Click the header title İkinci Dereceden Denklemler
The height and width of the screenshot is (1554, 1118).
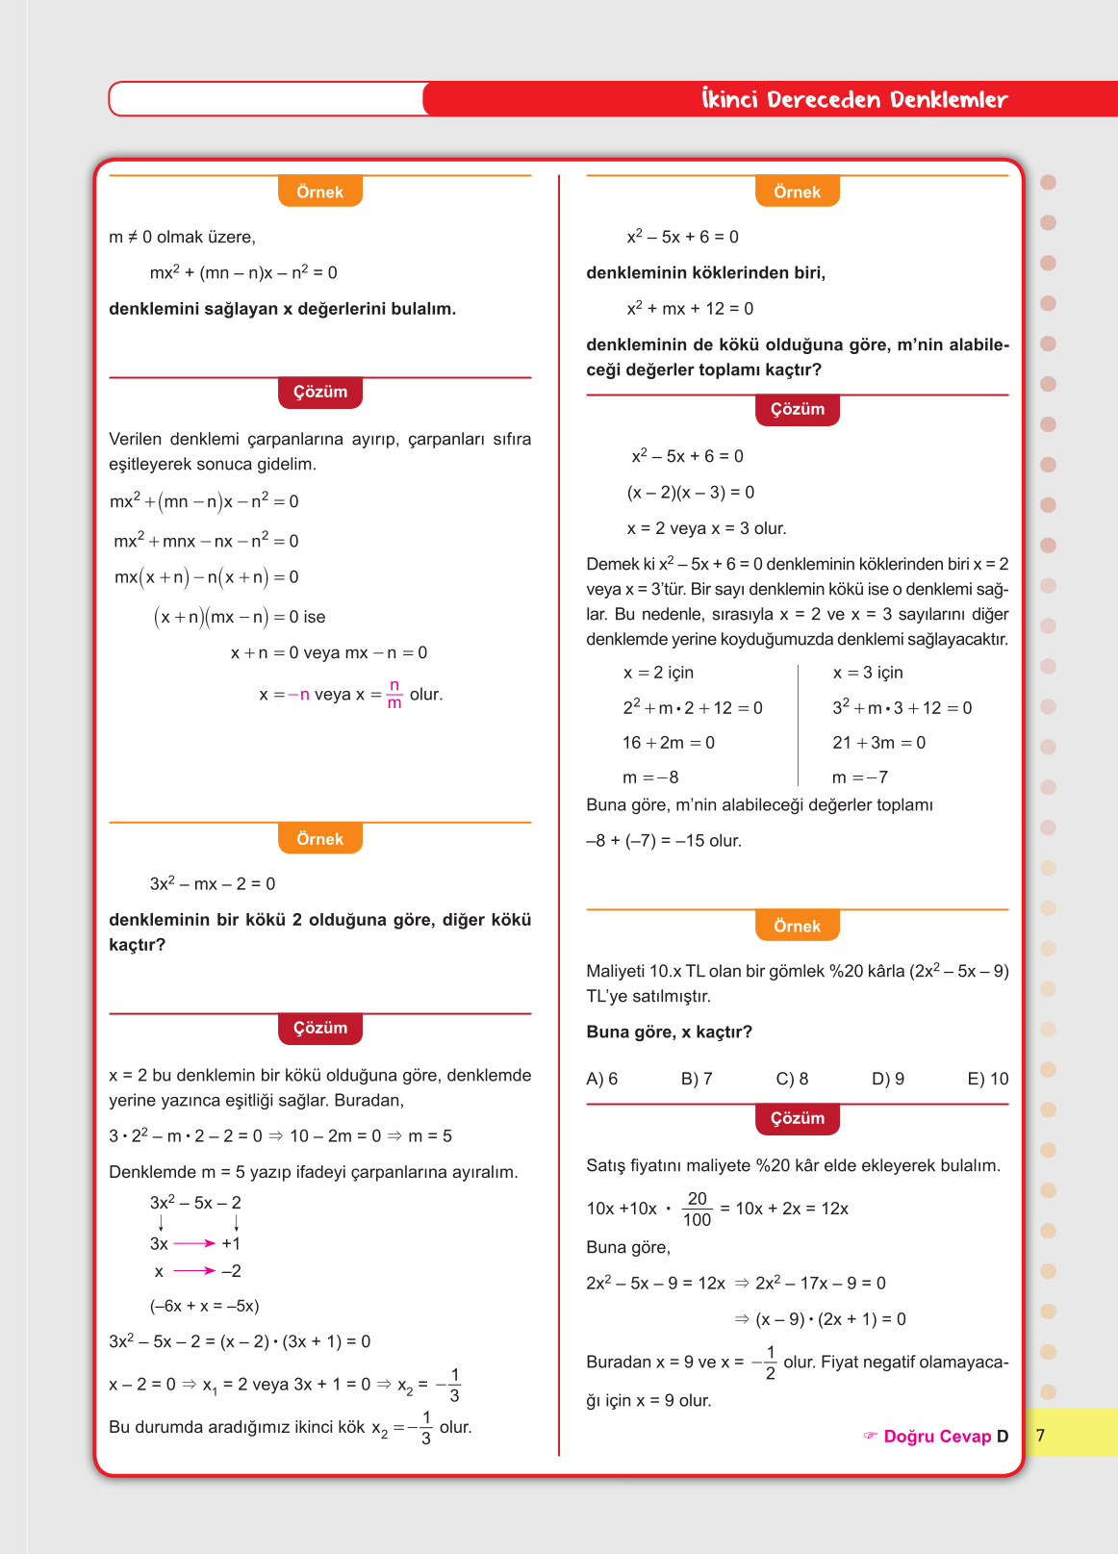[x=854, y=99]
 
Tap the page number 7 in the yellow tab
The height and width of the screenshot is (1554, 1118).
[x=1040, y=1435]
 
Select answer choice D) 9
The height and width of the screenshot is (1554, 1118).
[x=887, y=1079]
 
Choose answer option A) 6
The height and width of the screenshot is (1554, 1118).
[x=602, y=1079]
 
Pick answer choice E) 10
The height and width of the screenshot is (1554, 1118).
[x=987, y=1079]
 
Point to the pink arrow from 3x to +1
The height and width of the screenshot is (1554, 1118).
[x=194, y=1243]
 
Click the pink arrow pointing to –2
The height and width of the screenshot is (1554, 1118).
[x=194, y=1271]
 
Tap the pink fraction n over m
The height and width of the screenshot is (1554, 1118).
[x=394, y=694]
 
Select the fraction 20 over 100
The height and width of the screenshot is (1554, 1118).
[x=697, y=1209]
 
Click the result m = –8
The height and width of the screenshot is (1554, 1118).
[x=650, y=777]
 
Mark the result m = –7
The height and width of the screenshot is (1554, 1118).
[x=860, y=777]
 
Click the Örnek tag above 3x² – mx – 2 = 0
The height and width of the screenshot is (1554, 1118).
[x=319, y=839]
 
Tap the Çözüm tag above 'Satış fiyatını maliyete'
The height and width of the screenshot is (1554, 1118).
[x=798, y=1118]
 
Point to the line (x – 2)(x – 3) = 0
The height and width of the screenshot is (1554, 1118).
[x=691, y=492]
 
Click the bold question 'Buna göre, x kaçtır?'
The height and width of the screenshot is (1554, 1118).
[x=669, y=1032]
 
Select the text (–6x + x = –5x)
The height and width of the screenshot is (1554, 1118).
[x=204, y=1306]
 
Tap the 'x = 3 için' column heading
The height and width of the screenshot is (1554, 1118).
[x=868, y=673]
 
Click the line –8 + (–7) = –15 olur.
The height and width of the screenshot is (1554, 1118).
[x=664, y=840]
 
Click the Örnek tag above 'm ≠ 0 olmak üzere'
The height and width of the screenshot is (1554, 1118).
[x=319, y=191]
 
